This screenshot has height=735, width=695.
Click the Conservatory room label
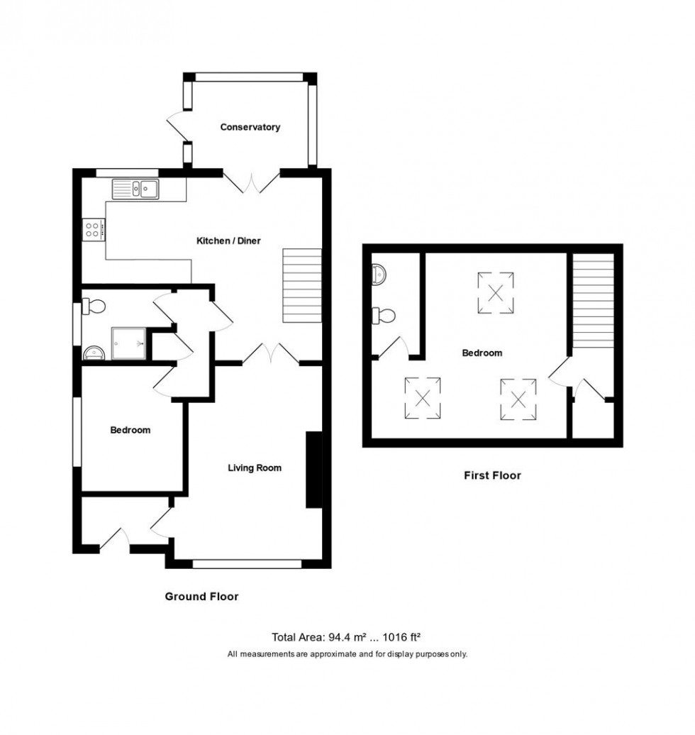250,127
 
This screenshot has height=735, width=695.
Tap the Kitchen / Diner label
228,241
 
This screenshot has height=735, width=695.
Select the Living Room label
254,468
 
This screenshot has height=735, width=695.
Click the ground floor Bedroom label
130,430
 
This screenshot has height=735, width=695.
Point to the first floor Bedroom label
482,353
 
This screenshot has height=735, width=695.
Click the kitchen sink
135,189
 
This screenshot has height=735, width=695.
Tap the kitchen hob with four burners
94,228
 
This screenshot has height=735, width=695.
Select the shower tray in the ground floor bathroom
130,343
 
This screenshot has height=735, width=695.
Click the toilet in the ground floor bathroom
94,306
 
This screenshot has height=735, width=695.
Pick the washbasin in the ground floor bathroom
92,353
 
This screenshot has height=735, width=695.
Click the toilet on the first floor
383,315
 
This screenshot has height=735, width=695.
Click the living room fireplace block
313,470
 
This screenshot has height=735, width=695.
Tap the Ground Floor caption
201,597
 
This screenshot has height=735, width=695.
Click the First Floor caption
491,475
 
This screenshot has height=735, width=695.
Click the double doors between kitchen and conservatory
251,183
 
